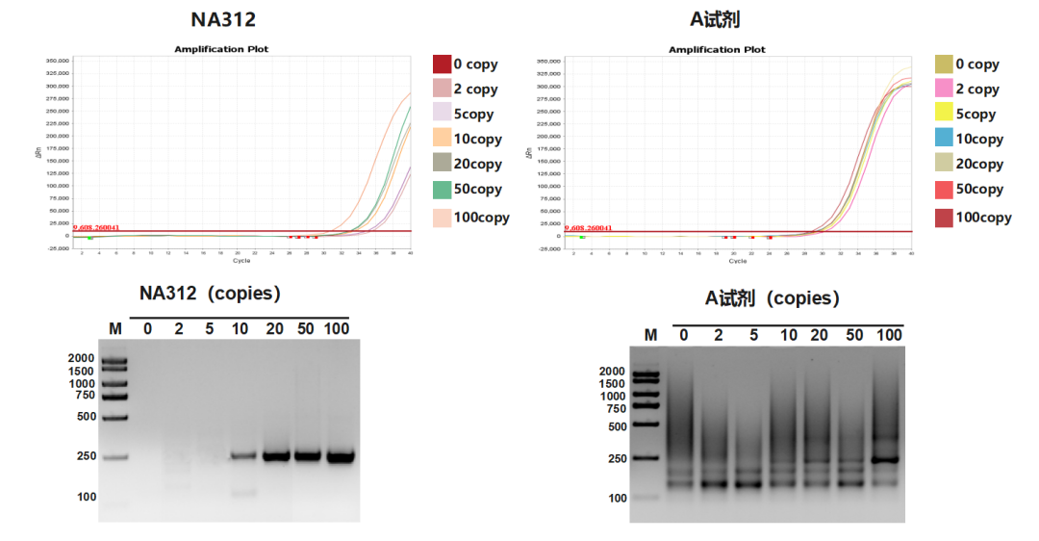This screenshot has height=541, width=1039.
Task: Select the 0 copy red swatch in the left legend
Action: click(x=442, y=64)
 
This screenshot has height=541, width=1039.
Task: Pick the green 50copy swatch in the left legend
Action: click(x=442, y=189)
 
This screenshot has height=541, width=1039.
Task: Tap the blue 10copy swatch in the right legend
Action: click(x=944, y=139)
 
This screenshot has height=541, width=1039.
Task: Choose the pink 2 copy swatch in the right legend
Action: click(x=944, y=89)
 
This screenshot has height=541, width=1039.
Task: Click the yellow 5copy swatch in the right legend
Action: click(x=944, y=114)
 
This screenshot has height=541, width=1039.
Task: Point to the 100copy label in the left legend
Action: click(x=481, y=218)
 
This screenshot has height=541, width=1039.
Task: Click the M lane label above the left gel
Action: click(x=115, y=329)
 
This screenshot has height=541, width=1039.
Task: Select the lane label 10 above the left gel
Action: click(x=241, y=329)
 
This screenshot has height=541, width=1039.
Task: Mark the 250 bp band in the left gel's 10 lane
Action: click(x=242, y=456)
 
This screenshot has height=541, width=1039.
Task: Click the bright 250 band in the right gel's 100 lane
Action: click(x=887, y=459)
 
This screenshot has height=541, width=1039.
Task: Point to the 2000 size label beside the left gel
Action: click(x=81, y=358)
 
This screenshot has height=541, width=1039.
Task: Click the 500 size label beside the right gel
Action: click(x=613, y=426)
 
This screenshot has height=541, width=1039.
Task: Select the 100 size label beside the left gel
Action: click(x=87, y=497)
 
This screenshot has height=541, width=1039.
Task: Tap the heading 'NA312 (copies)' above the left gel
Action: click(x=210, y=294)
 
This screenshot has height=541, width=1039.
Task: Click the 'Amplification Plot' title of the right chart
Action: click(x=717, y=49)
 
